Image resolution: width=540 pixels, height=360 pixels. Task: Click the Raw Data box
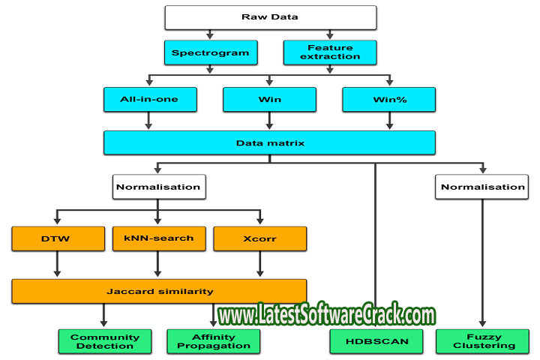click(270, 16)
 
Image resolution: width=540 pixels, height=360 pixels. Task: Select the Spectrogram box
click(210, 52)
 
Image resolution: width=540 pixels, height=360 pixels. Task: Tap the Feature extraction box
click(330, 52)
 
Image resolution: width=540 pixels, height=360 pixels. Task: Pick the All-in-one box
click(150, 99)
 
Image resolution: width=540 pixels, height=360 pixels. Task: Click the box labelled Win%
click(389, 99)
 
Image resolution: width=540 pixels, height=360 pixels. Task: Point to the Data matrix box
click(270, 142)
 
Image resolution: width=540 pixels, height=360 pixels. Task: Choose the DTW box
click(58, 238)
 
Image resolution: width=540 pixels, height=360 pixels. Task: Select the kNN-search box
click(158, 238)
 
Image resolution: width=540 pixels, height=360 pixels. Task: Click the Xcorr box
click(260, 238)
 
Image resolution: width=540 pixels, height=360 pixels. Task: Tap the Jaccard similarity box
click(159, 290)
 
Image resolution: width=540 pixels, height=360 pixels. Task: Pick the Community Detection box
click(105, 341)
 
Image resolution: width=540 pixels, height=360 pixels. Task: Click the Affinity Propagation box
click(213, 341)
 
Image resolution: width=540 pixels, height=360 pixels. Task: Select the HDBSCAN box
click(375, 341)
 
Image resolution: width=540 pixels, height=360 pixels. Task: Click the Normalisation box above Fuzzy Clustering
click(481, 187)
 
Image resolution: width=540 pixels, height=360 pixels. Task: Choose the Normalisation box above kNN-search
click(157, 187)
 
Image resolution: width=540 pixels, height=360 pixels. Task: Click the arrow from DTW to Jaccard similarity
click(58, 265)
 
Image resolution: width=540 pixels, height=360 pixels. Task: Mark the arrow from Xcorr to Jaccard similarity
click(260, 265)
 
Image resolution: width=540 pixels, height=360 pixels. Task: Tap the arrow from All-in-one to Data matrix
click(150, 121)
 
